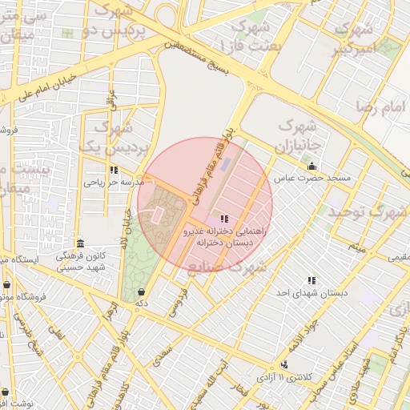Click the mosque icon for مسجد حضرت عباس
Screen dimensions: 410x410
tap(312, 166)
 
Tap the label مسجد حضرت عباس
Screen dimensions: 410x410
tap(313, 178)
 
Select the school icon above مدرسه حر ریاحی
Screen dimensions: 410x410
tap(115, 170)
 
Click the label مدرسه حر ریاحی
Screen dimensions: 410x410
tap(113, 182)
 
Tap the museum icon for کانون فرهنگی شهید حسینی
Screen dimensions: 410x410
tap(79, 243)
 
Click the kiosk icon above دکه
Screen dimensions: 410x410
tap(142, 291)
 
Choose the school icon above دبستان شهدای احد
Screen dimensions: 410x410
tap(312, 280)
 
